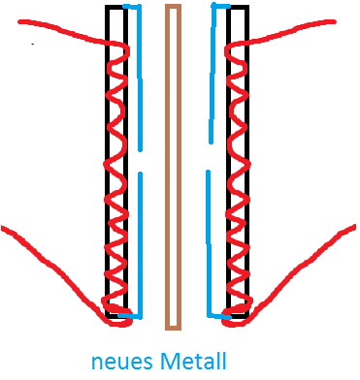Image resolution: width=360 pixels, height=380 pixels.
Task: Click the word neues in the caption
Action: (x=122, y=362)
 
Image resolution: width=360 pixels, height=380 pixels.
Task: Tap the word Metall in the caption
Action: (x=193, y=361)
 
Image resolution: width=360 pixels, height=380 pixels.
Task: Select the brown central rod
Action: (x=173, y=168)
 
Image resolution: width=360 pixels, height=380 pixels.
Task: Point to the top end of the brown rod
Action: (x=173, y=5)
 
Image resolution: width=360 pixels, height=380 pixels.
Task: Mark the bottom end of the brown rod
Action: (x=173, y=330)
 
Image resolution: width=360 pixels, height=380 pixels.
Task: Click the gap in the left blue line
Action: (x=140, y=162)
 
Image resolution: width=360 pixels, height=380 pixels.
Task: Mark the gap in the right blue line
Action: (x=210, y=157)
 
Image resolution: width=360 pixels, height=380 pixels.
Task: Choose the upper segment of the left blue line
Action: (x=140, y=78)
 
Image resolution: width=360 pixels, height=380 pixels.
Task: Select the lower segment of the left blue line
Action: (x=140, y=245)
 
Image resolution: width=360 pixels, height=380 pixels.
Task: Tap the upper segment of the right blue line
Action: (x=213, y=75)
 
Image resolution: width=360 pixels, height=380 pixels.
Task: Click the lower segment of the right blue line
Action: (x=209, y=245)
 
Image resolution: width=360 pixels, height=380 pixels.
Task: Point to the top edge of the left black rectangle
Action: (x=115, y=7)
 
